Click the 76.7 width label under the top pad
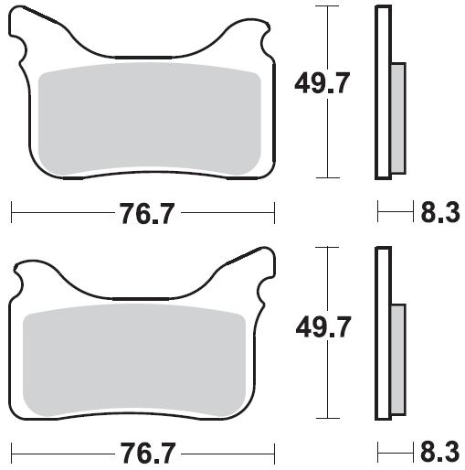[x=148, y=214]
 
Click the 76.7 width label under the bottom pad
[x=148, y=454]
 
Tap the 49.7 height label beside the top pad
[x=322, y=83]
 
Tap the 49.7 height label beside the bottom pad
[x=323, y=327]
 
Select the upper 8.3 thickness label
[x=440, y=212]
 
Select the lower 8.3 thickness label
[x=440, y=452]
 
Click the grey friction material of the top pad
[x=150, y=120]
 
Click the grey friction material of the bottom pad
[x=134, y=360]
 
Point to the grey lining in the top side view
[x=398, y=118]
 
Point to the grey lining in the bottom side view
[x=398, y=359]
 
